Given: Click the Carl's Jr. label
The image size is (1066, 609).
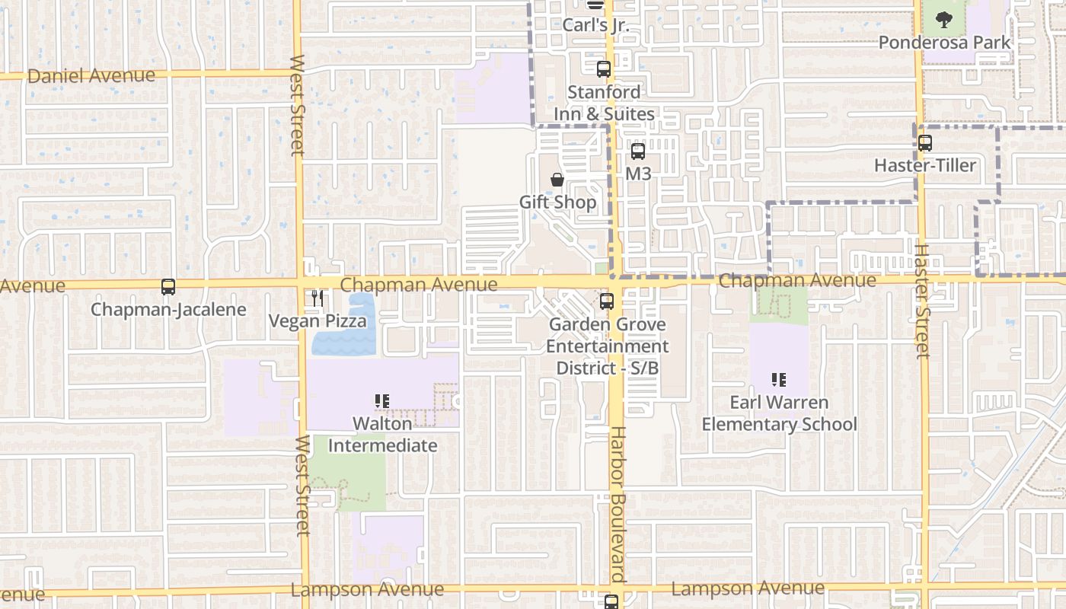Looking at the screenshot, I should coord(595,25).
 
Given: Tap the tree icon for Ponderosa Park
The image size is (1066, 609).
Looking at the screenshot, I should coord(944,19).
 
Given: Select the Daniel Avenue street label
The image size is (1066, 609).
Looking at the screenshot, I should coord(91,75).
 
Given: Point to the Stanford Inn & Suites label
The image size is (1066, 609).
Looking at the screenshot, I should coord(604,103).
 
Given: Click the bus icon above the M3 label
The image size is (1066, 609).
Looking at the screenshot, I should coord(638,151).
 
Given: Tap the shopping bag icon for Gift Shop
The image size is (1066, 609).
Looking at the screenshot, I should coord(557,180).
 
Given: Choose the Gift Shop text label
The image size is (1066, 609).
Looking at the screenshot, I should coord(558,202).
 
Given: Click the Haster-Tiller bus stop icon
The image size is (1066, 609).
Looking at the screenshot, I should coord(925,142).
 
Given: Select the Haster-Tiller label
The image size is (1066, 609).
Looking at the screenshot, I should coord(925,165).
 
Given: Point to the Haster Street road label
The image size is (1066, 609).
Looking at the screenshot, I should coord(922,301).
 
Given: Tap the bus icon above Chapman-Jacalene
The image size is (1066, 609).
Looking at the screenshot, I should coord(168,287).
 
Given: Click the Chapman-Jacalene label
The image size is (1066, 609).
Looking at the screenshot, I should coord(168,310).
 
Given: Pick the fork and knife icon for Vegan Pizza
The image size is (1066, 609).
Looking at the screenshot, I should coord(318,298).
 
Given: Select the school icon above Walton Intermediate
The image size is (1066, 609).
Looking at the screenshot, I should coord(382,400).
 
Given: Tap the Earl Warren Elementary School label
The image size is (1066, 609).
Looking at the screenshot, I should coord(779,413).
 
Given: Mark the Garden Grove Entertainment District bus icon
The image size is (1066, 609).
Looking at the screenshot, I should coord(607,301).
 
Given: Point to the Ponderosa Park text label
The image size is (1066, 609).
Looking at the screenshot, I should coord(945,43).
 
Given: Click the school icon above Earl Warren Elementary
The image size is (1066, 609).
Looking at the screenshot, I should coord(778,379).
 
